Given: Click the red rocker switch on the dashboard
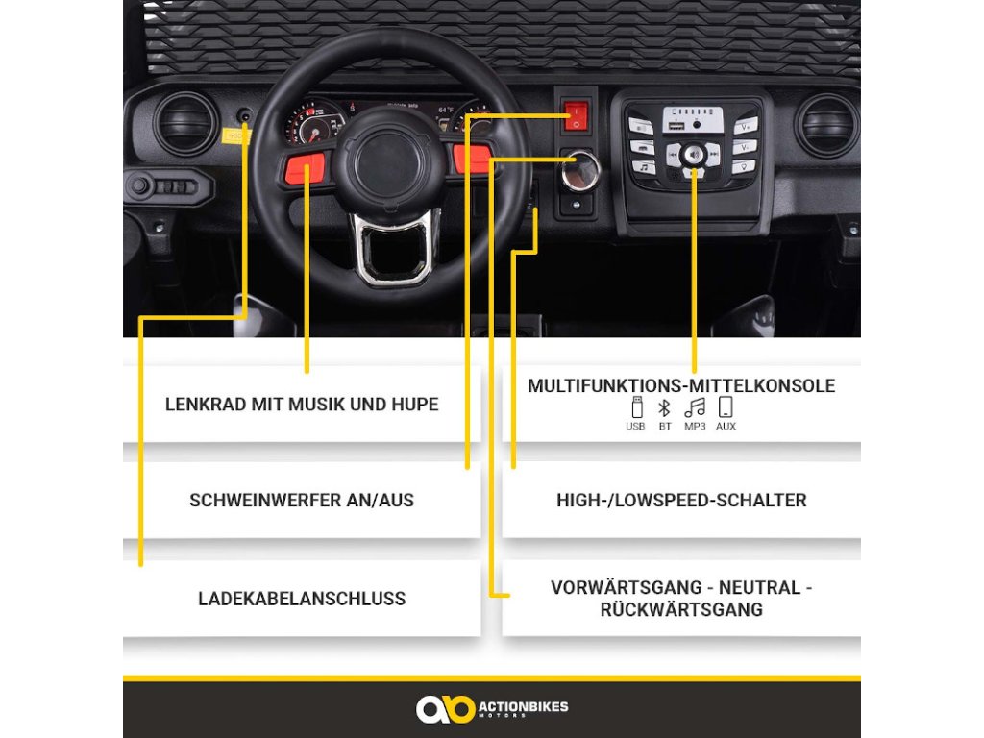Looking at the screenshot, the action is pos(577,115).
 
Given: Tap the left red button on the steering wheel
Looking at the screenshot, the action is pos(305,166).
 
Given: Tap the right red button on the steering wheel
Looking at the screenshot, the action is pos(471,159).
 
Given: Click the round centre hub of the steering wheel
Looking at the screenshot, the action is pos(387,161).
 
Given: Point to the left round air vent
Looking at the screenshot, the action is pos(186,124).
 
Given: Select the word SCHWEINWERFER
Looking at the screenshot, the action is pos(265,500).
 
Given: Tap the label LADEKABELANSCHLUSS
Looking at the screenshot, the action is pos(302,599).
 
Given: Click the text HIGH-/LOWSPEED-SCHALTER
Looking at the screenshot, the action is pos(681,500).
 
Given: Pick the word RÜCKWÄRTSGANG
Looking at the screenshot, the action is pos(681,609).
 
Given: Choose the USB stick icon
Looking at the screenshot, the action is pos(636,407).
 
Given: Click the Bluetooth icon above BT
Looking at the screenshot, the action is pos(665,407).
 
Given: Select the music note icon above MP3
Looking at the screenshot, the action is pos(695,407).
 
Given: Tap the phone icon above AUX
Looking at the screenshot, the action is pos(726,406).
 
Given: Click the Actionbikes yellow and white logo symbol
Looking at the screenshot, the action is pos(445,708).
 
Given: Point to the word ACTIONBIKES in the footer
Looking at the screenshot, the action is pos(524,706).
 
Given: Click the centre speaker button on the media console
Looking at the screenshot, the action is pos(694,154).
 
